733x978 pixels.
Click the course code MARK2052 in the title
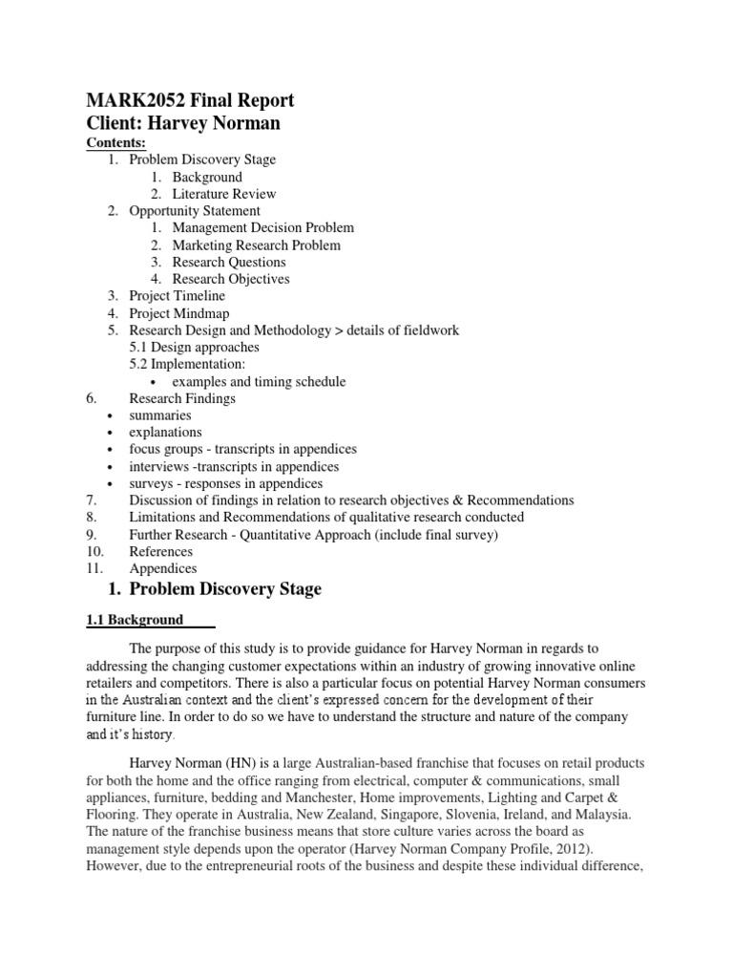coord(118,100)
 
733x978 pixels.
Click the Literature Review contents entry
coord(230,194)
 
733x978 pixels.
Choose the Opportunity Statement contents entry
coord(195,211)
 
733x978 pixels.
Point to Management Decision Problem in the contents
coord(262,228)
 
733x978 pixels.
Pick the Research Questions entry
coord(229,263)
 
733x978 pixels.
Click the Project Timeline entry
coord(177,297)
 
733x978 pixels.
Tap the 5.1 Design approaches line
coord(194,348)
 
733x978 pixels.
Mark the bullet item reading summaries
coord(160,416)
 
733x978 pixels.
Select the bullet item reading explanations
coord(165,434)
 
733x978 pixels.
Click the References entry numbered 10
coord(160,552)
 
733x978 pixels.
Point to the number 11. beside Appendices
coord(92,569)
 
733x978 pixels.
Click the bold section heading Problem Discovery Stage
coord(225,589)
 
